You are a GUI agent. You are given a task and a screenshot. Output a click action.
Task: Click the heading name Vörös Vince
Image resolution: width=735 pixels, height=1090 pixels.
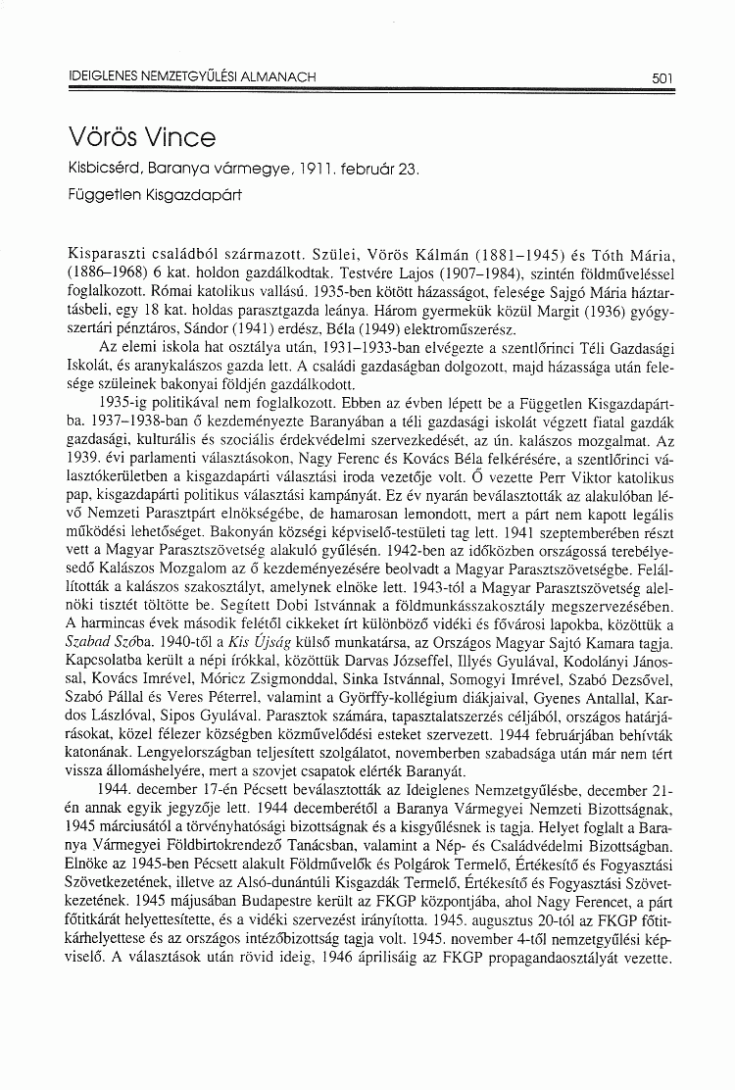(142, 134)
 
